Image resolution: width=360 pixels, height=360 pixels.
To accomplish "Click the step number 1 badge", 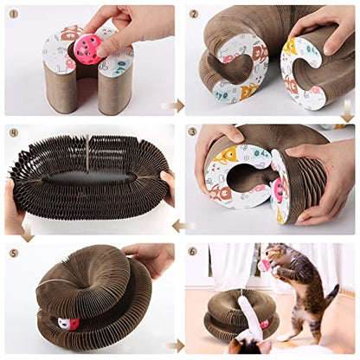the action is (13, 14).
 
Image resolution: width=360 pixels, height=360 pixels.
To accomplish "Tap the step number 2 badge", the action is (194, 14).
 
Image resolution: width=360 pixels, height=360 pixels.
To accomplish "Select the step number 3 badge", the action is (193, 132).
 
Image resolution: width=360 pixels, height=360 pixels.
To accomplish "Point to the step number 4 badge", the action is (13, 133).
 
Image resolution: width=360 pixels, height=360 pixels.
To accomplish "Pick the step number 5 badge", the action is (14, 253).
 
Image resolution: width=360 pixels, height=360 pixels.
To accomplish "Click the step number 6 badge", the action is (193, 251).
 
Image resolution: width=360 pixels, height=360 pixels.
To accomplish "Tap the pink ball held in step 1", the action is (88, 50).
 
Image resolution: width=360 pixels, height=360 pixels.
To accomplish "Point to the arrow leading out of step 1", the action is (173, 106).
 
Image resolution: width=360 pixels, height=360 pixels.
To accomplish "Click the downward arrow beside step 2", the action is (348, 111).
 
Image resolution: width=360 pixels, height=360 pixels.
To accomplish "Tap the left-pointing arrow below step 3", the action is (183, 226).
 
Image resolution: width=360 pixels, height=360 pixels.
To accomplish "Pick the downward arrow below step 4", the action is (28, 232).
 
